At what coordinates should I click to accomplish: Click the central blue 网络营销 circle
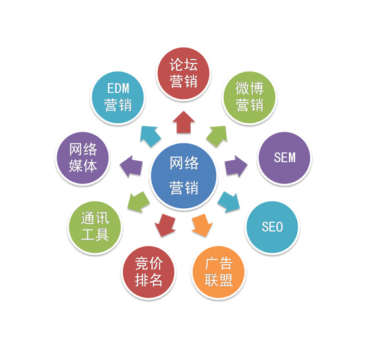click(184, 176)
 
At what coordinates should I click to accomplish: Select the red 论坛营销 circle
click(184, 73)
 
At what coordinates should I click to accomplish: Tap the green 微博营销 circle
click(249, 97)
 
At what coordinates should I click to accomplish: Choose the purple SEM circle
click(284, 158)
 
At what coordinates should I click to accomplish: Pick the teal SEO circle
click(272, 227)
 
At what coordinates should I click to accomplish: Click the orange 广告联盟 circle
click(219, 272)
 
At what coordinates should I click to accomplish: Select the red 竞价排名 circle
click(149, 272)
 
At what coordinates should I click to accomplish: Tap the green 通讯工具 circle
click(95, 227)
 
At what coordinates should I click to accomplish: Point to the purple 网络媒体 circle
click(82, 158)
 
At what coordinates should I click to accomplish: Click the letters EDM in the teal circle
click(118, 88)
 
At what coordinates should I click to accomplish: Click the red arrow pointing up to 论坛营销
click(184, 122)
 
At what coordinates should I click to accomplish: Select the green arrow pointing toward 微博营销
click(217, 136)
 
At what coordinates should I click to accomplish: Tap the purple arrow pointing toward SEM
click(236, 166)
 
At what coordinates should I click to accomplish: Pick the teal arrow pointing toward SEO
click(229, 201)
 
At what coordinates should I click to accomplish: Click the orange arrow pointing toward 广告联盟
click(202, 225)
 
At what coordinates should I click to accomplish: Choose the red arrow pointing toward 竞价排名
click(165, 225)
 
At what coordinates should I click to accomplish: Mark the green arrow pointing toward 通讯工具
click(138, 201)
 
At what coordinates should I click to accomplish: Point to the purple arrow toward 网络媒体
click(131, 166)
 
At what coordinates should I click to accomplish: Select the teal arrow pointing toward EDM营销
click(151, 136)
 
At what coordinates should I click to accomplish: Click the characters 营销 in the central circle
click(184, 187)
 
